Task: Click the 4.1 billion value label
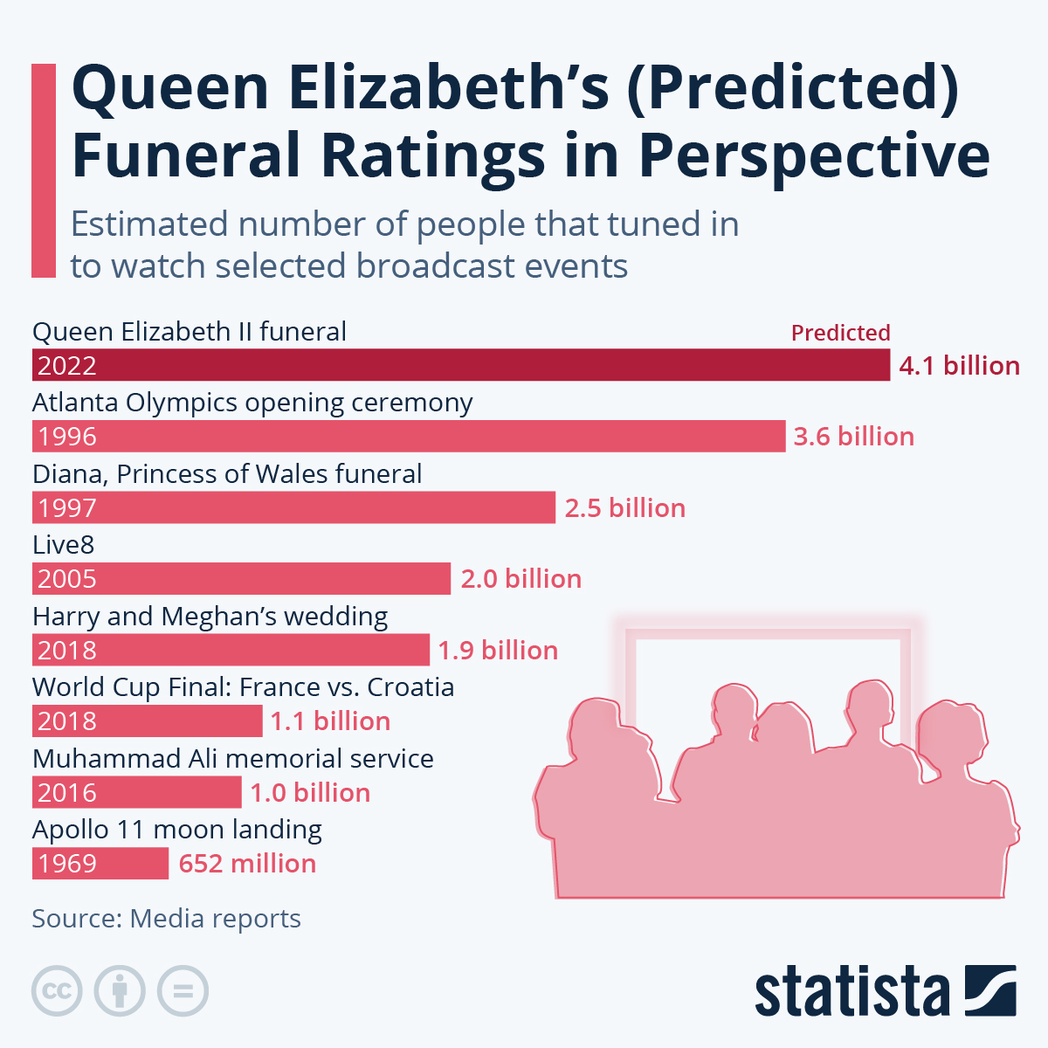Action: click(x=959, y=365)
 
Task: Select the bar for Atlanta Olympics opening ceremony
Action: click(x=409, y=436)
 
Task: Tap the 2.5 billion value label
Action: click(x=624, y=507)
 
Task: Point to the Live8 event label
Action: click(x=63, y=545)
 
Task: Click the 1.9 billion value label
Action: click(x=498, y=650)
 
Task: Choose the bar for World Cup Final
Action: click(x=147, y=721)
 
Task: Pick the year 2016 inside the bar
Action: click(x=67, y=793)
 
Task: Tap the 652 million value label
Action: click(x=247, y=864)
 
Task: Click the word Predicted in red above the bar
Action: click(x=840, y=333)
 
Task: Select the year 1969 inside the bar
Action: click(x=67, y=864)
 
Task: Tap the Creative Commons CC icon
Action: click(x=57, y=991)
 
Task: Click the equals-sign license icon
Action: click(x=183, y=991)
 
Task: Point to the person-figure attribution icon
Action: click(x=120, y=991)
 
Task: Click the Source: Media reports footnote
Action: click(x=166, y=919)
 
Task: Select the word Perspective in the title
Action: click(x=814, y=155)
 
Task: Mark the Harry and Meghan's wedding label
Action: click(x=210, y=617)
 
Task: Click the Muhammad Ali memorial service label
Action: click(x=232, y=758)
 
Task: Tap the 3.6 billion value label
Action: click(x=853, y=436)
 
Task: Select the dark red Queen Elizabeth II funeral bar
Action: click(x=461, y=365)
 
